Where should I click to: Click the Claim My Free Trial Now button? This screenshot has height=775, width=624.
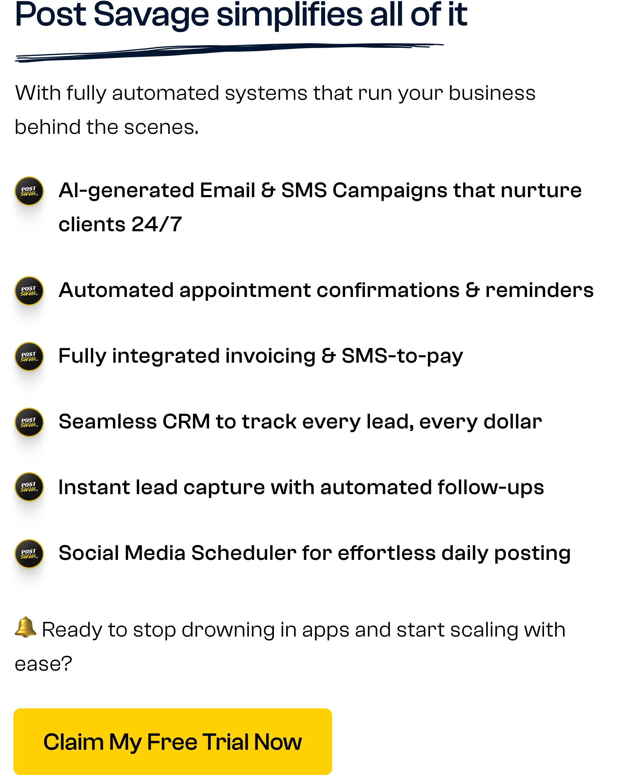click(x=172, y=741)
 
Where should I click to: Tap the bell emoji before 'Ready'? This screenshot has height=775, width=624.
click(x=25, y=627)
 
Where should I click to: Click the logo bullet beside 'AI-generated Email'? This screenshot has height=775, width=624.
click(x=29, y=191)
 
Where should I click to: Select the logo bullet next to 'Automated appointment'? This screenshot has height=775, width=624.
click(x=29, y=291)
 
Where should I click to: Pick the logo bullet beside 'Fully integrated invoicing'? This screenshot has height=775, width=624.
click(x=29, y=356)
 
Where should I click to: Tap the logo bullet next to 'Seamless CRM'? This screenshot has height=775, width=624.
click(x=29, y=422)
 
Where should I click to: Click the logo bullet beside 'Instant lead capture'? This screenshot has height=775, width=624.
click(x=29, y=487)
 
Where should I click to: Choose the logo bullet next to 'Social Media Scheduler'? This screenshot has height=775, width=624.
click(x=29, y=554)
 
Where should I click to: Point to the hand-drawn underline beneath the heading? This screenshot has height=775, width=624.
click(x=229, y=52)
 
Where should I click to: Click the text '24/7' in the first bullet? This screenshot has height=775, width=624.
click(x=157, y=225)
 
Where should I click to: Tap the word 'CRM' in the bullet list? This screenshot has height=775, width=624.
click(x=186, y=421)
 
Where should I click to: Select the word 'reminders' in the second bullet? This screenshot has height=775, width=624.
click(x=539, y=290)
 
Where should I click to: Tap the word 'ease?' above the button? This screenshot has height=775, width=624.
click(x=43, y=664)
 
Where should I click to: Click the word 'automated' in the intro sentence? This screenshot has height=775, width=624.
click(x=166, y=93)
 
